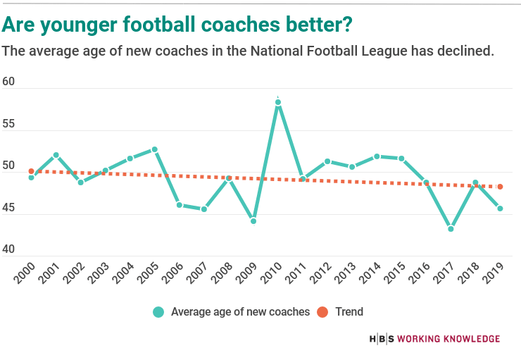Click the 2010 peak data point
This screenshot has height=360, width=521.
coord(278,102)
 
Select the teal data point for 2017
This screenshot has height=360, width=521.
coord(451,229)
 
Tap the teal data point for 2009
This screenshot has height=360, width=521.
coord(253,221)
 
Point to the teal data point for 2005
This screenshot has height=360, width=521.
coord(155,149)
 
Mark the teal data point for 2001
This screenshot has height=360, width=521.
coord(56,155)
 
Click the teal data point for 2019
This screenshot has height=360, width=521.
coord(500,209)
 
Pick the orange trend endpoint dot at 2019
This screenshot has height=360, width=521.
coord(500,187)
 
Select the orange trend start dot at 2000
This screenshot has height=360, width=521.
coord(31,171)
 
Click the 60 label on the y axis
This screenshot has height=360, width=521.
coord(8,82)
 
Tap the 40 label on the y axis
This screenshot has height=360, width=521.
coord(8,252)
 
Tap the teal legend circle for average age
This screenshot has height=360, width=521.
coord(158,311)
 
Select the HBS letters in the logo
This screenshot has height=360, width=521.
coord(382,339)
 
